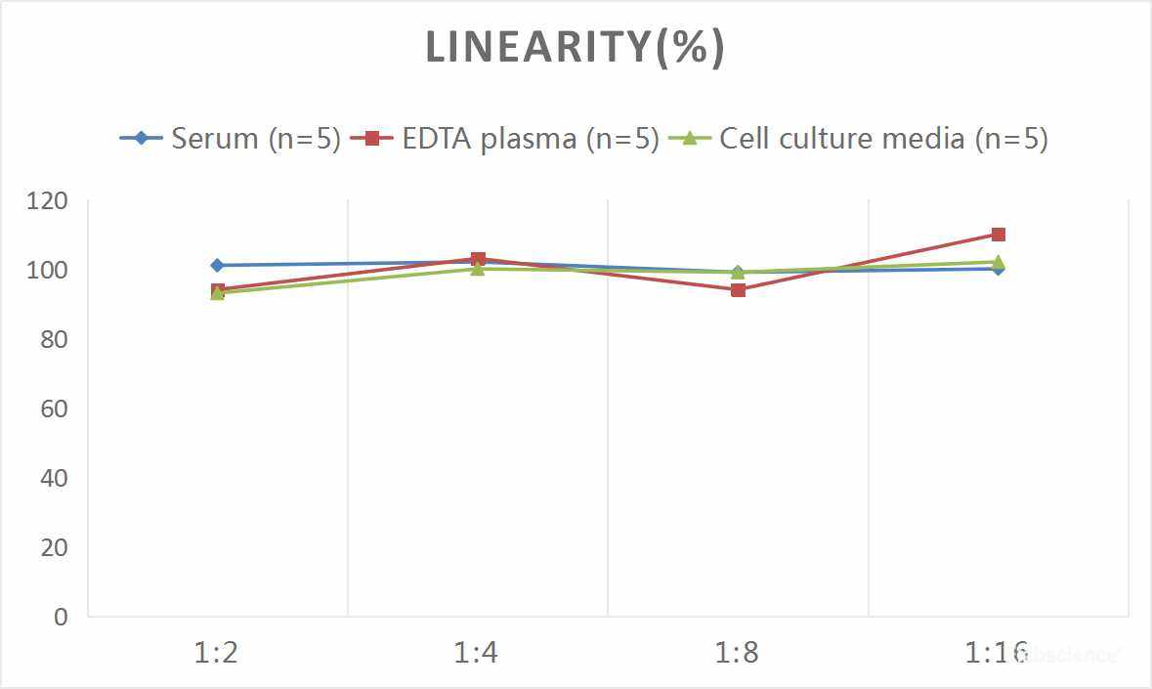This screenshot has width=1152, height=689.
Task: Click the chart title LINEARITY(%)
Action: [576, 48]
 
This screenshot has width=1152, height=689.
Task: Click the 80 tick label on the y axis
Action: [54, 339]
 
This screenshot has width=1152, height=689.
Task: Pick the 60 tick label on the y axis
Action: [54, 409]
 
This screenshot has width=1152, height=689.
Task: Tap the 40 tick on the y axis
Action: [54, 478]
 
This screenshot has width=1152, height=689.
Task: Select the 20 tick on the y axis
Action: [54, 547]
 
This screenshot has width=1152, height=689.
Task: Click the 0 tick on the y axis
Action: [62, 617]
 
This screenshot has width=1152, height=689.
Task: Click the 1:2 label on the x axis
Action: [217, 652]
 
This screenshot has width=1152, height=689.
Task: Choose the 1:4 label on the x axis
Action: [477, 652]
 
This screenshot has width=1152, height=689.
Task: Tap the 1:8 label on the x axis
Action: [738, 652]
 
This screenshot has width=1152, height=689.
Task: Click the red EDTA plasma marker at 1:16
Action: [998, 235]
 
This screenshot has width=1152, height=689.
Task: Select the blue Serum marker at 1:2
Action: [217, 265]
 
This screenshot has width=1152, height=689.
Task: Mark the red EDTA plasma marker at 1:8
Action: [738, 289]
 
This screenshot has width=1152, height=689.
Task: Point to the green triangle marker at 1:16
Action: [998, 261]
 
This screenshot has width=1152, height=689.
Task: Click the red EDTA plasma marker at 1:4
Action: [478, 259]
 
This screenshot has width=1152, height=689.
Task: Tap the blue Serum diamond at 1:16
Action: [998, 269]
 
